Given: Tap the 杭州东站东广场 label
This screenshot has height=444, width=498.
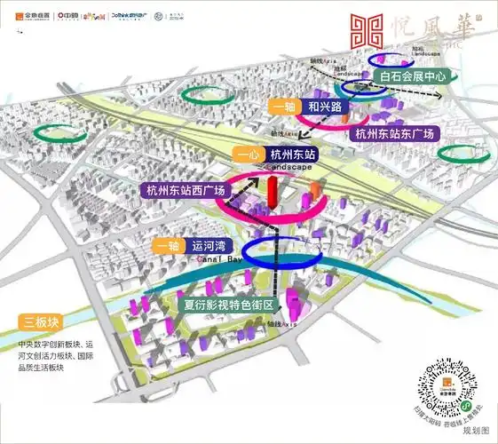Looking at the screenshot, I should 394,134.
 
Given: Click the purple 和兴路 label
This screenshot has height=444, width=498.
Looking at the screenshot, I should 320,107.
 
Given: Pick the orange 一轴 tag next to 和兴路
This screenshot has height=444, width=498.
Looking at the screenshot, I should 283,107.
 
